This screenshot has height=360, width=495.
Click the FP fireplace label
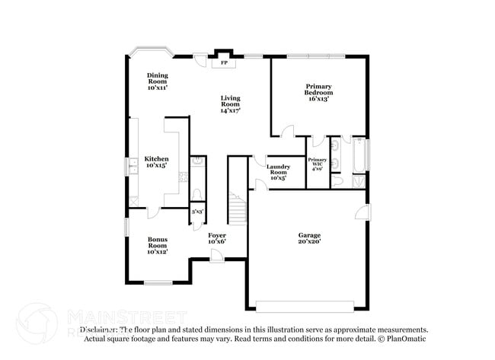pos(224,63)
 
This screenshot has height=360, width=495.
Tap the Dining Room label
pos(158,81)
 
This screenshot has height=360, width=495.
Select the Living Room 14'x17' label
pos(231,104)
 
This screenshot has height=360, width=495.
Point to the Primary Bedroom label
pos(319,92)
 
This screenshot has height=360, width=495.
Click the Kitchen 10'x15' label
pos(157,161)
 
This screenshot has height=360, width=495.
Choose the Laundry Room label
pos(277,171)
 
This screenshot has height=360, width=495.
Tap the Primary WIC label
pos(317,164)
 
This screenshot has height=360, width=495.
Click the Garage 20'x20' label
pos(309,238)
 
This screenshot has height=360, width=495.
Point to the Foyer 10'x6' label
pos(217,239)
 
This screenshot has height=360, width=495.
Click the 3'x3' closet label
pos(196,212)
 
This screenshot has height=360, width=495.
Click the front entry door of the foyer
pos(217,259)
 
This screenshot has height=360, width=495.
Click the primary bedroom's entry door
pos(288,133)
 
